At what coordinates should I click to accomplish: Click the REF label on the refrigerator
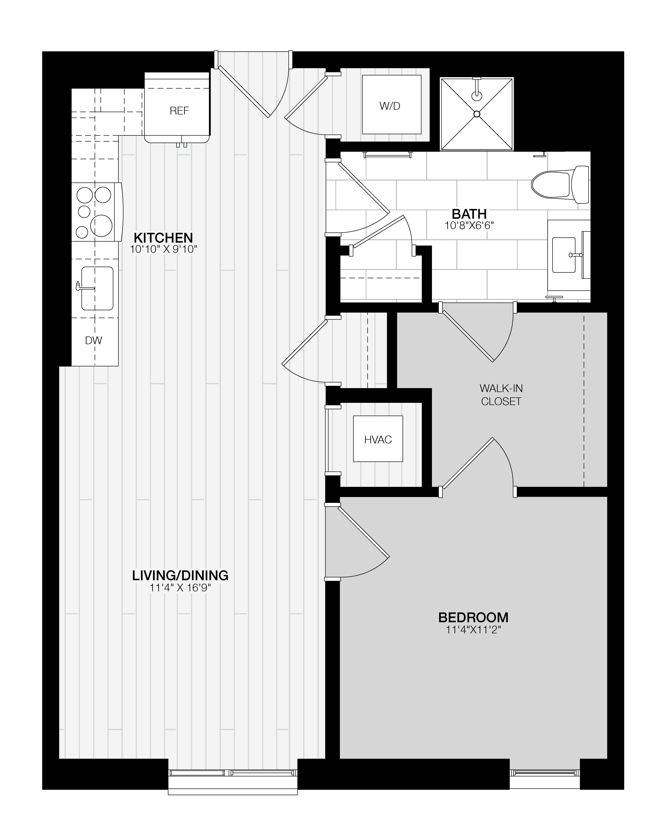(x=179, y=111)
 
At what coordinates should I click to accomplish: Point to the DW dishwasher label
(x=94, y=340)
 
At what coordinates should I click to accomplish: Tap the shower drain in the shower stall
(x=477, y=114)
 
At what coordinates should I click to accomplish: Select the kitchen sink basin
(x=97, y=288)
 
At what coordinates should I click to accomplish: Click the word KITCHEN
(x=163, y=237)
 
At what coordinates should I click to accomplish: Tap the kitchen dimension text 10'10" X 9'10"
(x=163, y=249)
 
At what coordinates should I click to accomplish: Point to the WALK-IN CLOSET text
(x=501, y=395)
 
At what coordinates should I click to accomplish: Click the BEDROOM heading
(x=473, y=617)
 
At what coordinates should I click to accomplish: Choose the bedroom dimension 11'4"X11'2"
(x=473, y=629)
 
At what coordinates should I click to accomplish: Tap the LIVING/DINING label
(x=180, y=575)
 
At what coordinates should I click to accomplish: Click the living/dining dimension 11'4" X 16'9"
(x=180, y=587)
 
